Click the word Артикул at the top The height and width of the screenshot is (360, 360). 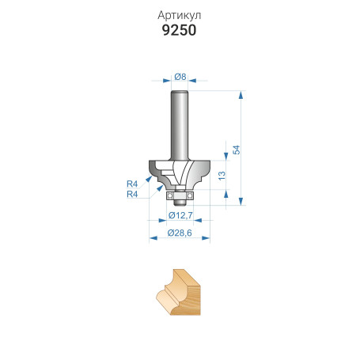point(180,15)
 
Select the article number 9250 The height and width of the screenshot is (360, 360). point(180,32)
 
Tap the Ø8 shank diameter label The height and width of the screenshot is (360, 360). point(180,77)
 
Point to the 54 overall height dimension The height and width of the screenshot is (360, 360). point(236,149)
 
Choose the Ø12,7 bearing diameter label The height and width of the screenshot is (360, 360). point(180,215)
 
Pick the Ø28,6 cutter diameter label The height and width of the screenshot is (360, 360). point(180,233)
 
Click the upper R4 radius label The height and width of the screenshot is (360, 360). point(132,184)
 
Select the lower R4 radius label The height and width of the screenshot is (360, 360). point(132,194)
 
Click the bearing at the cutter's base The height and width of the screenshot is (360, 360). point(180,190)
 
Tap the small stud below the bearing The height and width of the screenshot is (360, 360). point(180,199)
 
